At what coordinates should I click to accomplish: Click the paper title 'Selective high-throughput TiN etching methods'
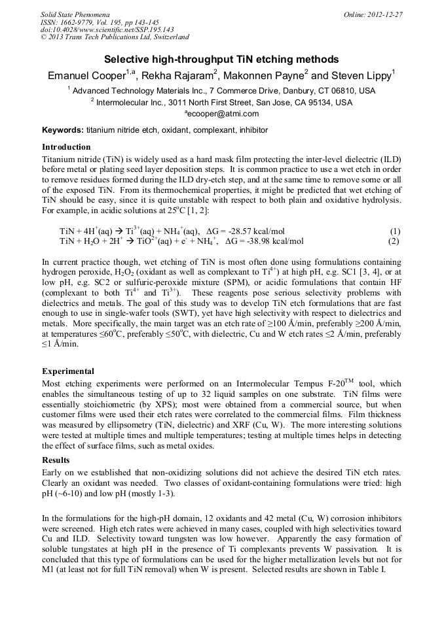point(221,59)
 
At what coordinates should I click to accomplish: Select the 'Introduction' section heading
point(66,146)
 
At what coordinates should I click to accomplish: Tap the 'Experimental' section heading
point(68,371)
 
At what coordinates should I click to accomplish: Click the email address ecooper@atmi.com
point(221,114)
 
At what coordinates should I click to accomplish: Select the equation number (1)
point(394,231)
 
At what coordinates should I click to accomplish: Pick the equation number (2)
point(394,241)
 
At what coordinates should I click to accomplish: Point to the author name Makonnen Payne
point(268,75)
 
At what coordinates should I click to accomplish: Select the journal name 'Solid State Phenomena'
point(75,14)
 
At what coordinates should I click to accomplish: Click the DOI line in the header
point(107,29)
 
